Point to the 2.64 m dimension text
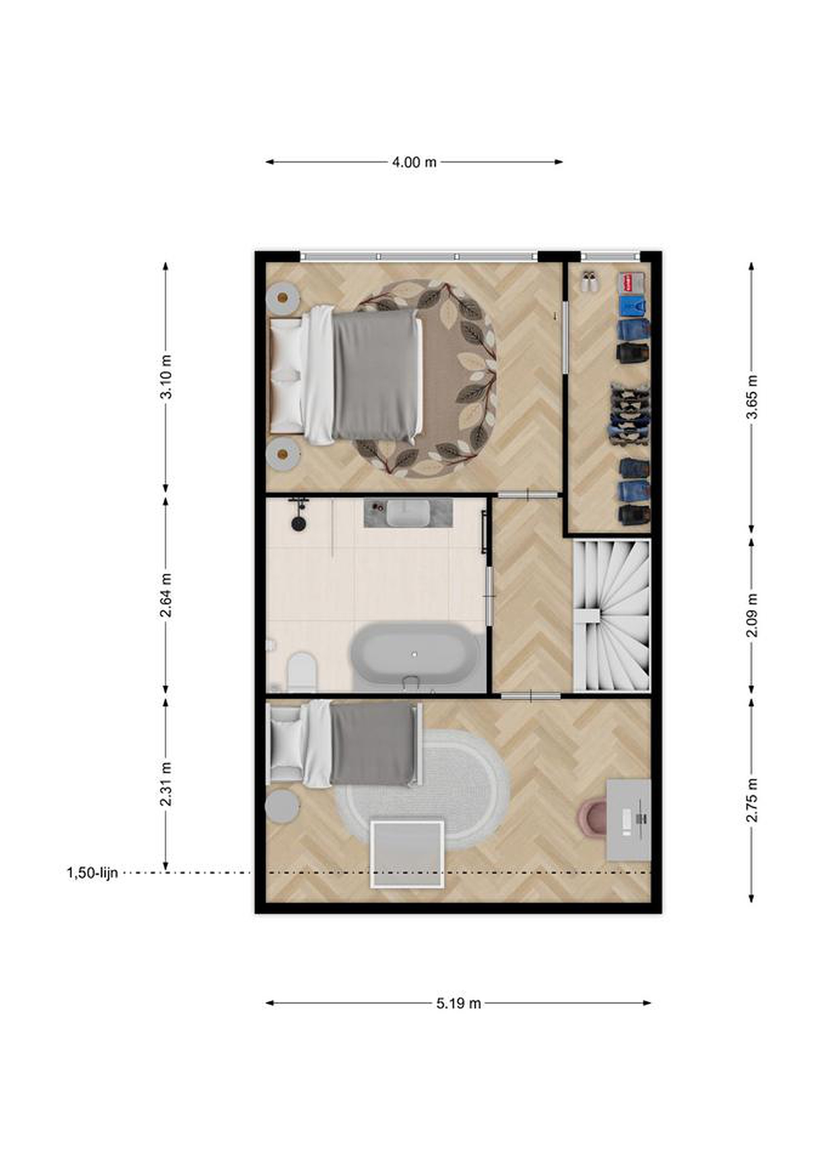[166, 595]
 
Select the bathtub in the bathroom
[415, 657]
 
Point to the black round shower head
[299, 523]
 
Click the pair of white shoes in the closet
[589, 282]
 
